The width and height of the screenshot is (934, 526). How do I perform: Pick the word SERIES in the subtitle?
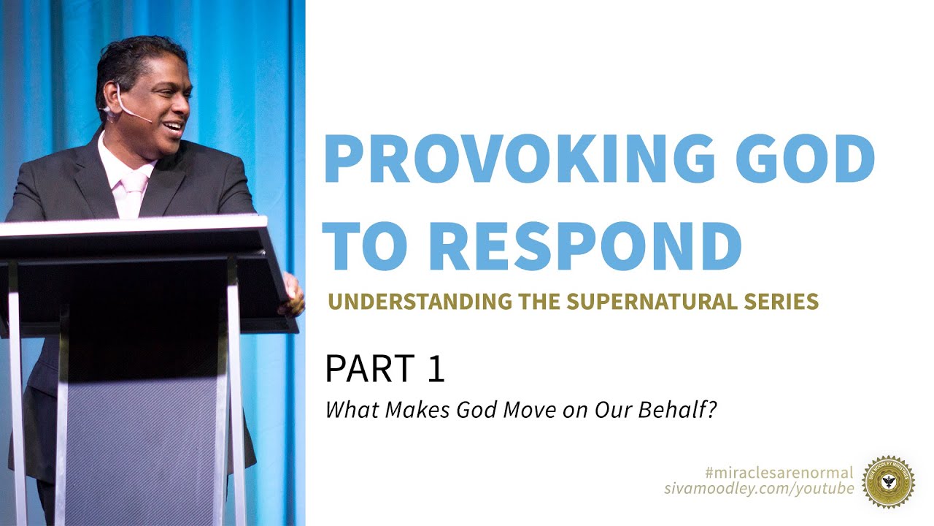pos(784,301)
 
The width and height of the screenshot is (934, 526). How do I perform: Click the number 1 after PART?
pos(435,369)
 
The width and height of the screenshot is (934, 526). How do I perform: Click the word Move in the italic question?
pos(530,410)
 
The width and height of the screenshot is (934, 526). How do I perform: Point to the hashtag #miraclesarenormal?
pos(779,473)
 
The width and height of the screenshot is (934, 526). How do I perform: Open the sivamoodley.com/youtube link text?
pos(759,488)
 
